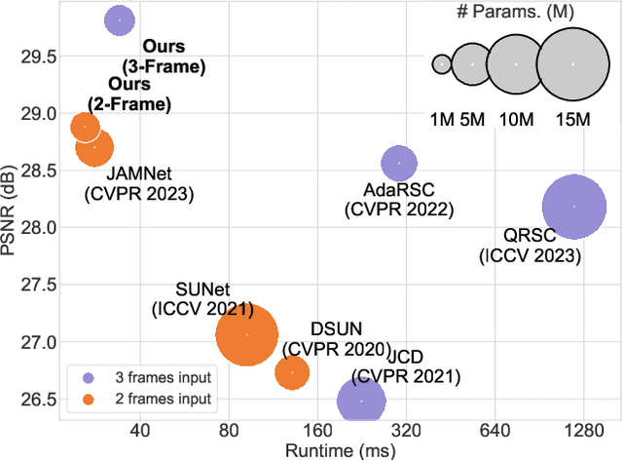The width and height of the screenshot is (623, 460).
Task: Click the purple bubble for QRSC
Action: click(x=574, y=207)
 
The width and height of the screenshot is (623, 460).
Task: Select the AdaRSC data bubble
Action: click(x=398, y=163)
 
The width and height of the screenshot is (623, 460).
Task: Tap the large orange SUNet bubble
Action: click(x=247, y=334)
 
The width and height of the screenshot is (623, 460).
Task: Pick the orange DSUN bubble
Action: click(x=292, y=371)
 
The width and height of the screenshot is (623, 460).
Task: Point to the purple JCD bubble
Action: click(x=361, y=401)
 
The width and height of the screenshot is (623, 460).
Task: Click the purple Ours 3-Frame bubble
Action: click(x=120, y=19)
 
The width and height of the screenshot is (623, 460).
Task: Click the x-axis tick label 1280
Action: click(x=583, y=431)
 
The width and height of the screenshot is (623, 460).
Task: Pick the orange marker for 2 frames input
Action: click(x=88, y=398)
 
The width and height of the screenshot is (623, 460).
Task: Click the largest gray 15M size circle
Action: click(x=572, y=63)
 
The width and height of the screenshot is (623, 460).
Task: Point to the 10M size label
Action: click(x=516, y=120)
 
